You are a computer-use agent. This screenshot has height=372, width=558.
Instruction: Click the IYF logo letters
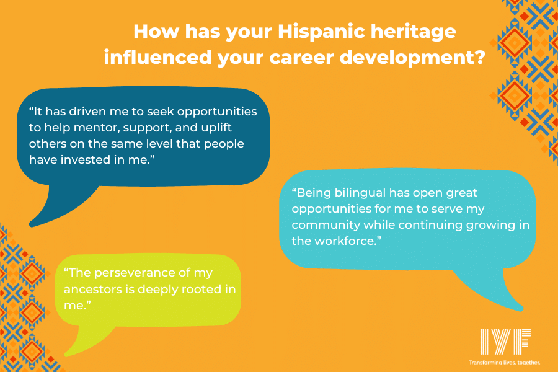click(505, 342)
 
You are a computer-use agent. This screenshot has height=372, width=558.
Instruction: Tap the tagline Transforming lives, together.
click(505, 361)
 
